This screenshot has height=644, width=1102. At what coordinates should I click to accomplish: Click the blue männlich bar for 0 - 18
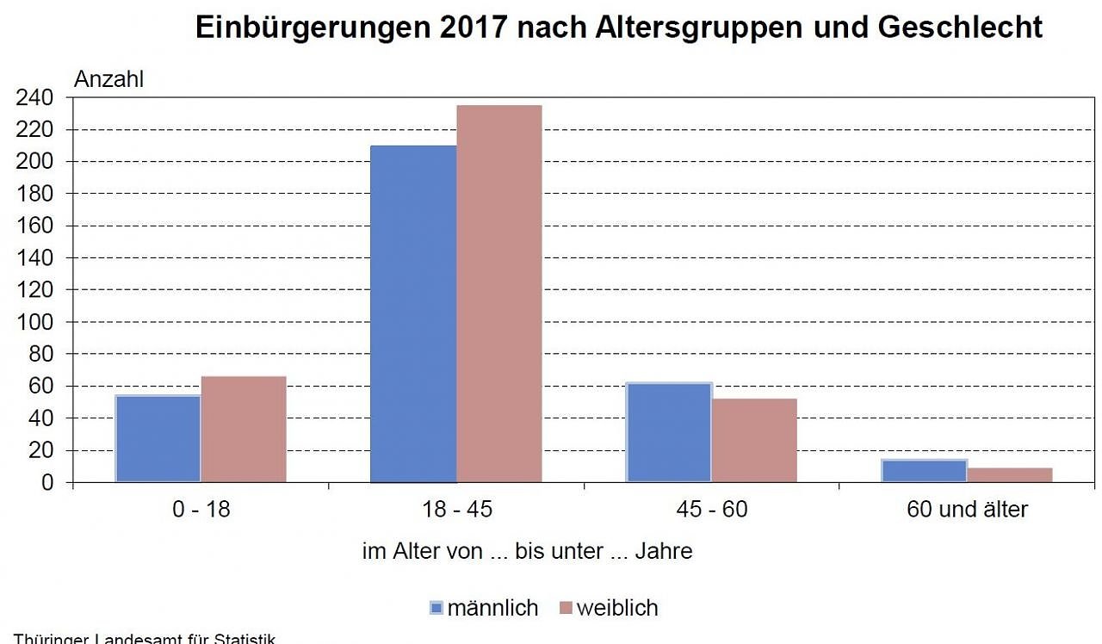158,438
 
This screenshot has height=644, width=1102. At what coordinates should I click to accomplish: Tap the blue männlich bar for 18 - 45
413,313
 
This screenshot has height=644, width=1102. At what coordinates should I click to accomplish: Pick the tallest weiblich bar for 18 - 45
499,294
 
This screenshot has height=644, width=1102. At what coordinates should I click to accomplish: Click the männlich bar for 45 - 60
669,432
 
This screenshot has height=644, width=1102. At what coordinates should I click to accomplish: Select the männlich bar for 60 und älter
925,471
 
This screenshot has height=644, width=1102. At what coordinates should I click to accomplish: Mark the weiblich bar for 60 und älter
1010,474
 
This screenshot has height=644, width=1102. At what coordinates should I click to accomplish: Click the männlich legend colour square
436,608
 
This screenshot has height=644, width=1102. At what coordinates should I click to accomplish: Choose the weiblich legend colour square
565,608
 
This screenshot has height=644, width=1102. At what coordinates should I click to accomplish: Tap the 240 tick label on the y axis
34,98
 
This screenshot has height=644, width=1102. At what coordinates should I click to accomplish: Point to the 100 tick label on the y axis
34,322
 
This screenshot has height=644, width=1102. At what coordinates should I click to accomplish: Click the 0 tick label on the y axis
46,483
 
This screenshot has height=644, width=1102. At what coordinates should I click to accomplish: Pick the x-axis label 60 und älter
967,510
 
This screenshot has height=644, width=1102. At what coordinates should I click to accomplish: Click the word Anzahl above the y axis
109,79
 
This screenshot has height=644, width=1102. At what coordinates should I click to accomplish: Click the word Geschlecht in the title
960,28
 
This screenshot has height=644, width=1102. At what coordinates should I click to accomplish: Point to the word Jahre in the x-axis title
663,551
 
